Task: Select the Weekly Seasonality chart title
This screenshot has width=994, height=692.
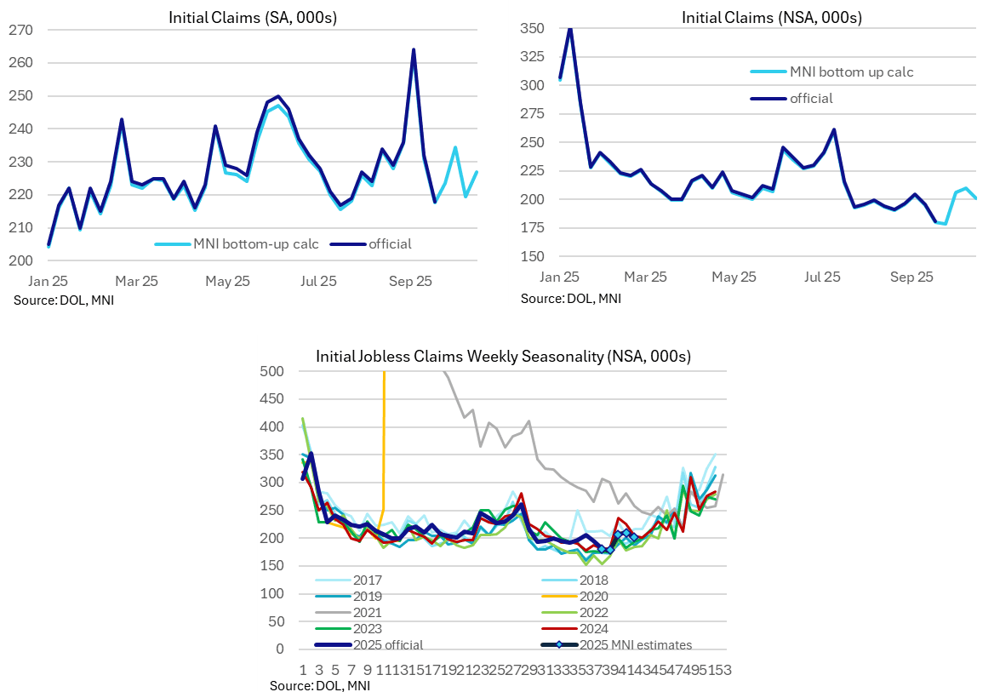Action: pos(503,356)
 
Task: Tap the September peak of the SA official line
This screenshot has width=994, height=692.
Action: pos(413,49)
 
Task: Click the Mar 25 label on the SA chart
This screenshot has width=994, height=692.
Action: pos(137,281)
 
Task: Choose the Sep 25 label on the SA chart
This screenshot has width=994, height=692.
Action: pos(411,281)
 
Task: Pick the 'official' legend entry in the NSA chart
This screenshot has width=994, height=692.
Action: pos(811,98)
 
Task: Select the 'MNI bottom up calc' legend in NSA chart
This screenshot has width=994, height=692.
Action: pos(851,72)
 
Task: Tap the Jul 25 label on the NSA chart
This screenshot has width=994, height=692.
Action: pos(822,277)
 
